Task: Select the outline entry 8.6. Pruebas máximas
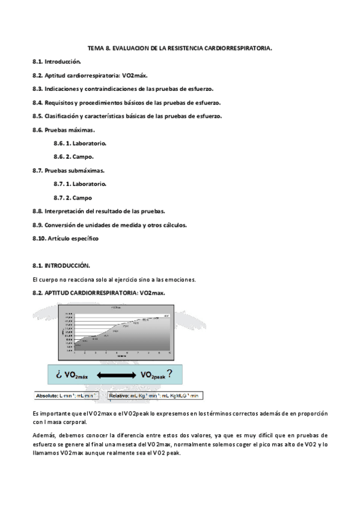64,130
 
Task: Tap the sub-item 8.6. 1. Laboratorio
80,144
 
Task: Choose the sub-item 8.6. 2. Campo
73,157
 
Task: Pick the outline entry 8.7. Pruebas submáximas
69,170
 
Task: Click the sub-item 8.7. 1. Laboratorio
80,184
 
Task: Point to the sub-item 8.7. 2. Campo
73,198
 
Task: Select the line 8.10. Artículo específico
66,238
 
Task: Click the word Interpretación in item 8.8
65,211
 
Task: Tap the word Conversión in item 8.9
63,225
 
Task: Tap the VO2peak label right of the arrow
154,375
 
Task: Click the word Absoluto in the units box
47,396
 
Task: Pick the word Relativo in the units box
118,396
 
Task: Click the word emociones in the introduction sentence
178,279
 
